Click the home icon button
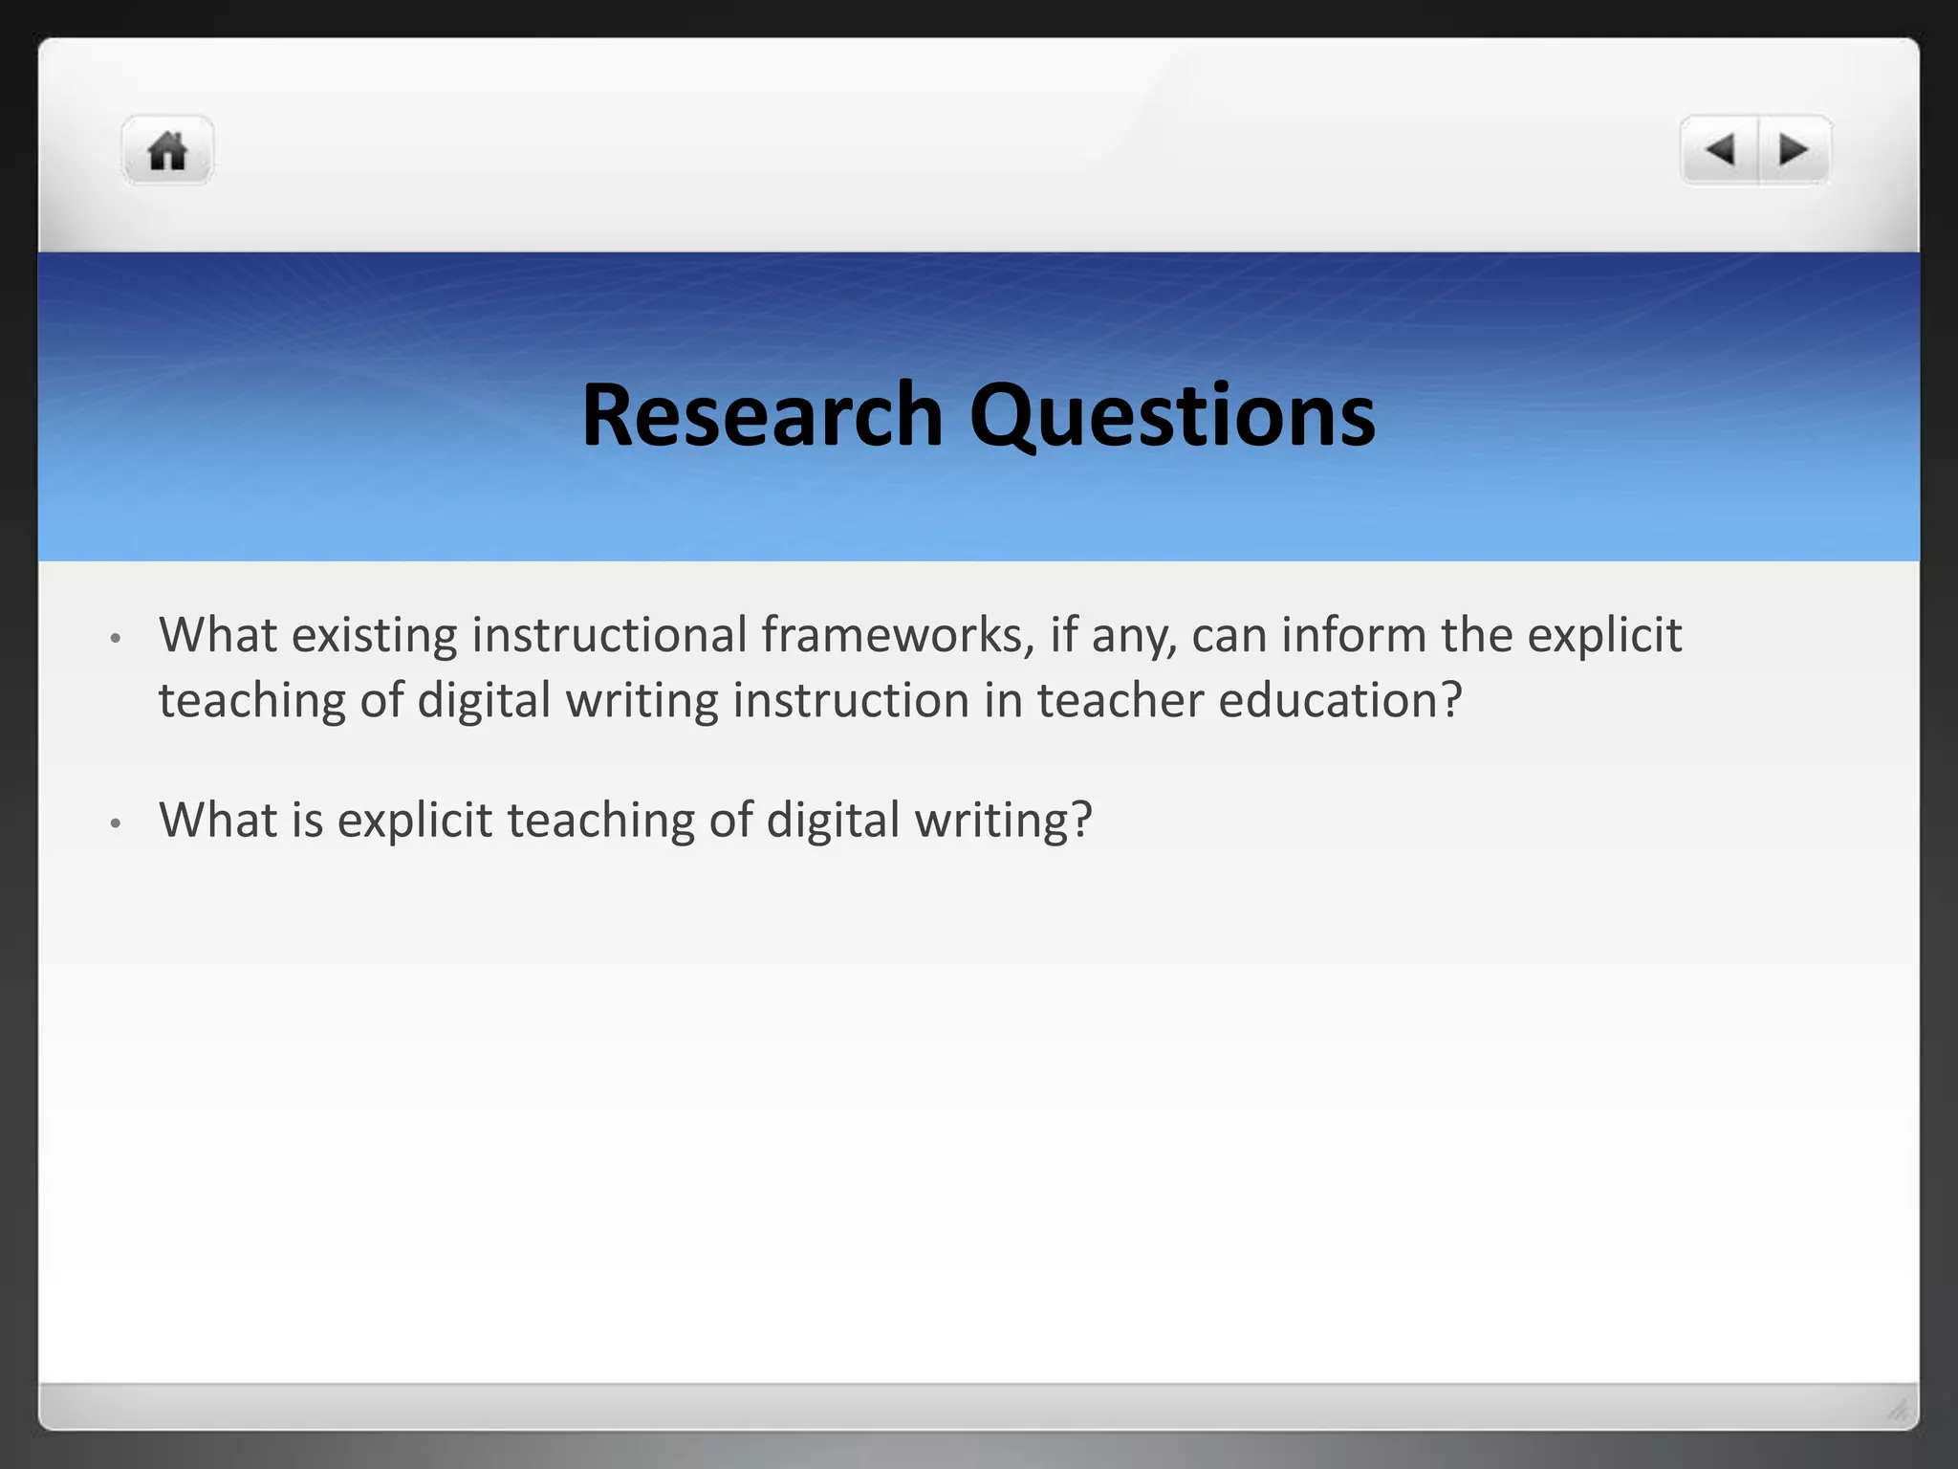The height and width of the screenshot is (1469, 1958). point(167,151)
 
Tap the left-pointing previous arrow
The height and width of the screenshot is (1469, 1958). point(1720,150)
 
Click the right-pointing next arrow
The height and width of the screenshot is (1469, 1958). point(1793,150)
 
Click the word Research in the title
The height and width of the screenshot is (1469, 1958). point(762,415)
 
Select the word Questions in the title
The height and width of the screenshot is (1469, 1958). point(1172,417)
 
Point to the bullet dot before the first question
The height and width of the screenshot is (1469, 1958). point(116,638)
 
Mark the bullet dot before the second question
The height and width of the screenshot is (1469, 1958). point(116,822)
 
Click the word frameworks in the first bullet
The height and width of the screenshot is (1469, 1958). point(898,635)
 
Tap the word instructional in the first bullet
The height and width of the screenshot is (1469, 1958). point(609,635)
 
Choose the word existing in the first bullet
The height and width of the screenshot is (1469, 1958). point(374,635)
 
